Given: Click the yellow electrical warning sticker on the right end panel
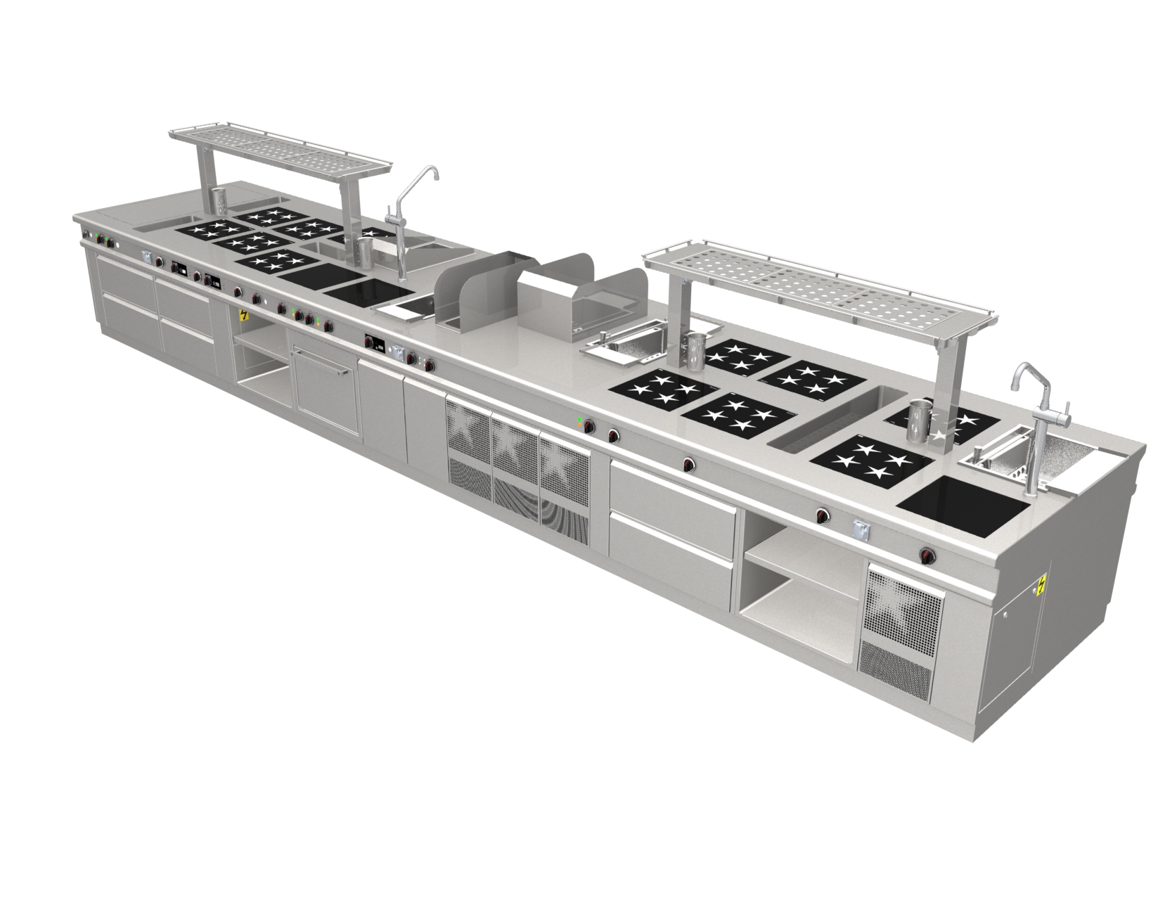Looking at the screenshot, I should click(x=1042, y=584).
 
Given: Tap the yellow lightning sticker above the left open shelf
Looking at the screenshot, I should click(x=244, y=316).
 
